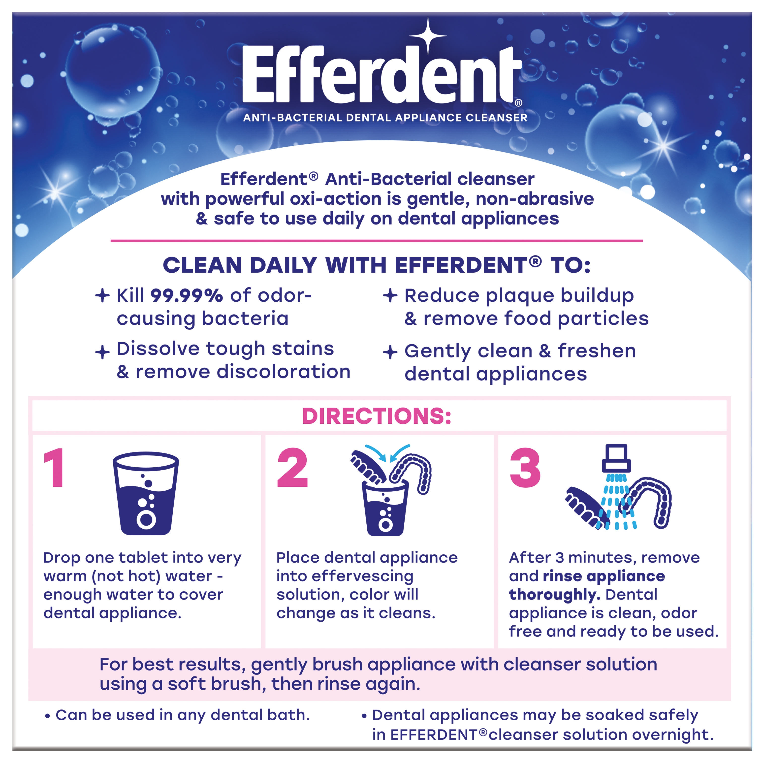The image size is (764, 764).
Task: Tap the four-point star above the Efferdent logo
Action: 428,35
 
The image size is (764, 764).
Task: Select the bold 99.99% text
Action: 187,295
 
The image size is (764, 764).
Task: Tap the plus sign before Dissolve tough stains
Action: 102,351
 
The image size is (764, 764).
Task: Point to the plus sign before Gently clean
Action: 390,351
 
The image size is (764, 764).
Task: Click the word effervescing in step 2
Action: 363,576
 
